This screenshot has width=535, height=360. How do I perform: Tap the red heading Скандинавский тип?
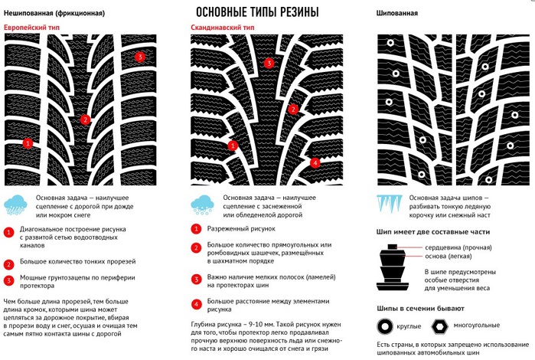click(223, 28)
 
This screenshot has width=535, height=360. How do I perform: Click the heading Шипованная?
click(398, 14)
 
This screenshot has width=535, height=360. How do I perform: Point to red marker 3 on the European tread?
click(139, 57)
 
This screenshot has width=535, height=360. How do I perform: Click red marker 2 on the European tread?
click(86, 119)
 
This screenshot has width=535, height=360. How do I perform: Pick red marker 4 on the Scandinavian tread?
click(315, 162)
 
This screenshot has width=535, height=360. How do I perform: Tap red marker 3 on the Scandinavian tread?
click(268, 64)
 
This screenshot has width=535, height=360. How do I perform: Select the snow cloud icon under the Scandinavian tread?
click(204, 205)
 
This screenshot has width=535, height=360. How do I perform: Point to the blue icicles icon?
click(390, 205)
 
